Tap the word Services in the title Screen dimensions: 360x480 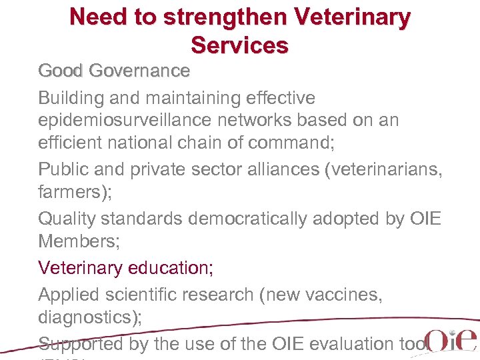click(x=239, y=45)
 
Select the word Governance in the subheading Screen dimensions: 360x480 click(x=140, y=71)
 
